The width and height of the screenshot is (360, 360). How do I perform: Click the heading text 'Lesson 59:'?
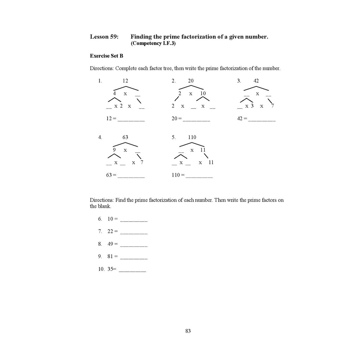[x=104, y=37]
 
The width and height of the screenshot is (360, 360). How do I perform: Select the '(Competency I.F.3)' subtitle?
[x=153, y=44]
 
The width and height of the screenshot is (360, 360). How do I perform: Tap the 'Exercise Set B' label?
[x=107, y=56]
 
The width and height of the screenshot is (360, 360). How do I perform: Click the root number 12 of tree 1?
[x=125, y=81]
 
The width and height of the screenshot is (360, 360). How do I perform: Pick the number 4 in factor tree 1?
[x=114, y=94]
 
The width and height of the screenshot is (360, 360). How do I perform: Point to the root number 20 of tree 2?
[x=191, y=81]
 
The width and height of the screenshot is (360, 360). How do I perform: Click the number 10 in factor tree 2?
[x=203, y=94]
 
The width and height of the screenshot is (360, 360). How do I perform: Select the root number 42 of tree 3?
[x=256, y=81]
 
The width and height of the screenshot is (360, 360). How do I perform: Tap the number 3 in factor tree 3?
[x=252, y=106]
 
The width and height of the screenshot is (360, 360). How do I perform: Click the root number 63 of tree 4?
[x=125, y=137]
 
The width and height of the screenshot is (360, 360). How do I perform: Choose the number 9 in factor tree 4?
[x=114, y=150]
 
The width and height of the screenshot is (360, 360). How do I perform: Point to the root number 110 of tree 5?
[x=192, y=137]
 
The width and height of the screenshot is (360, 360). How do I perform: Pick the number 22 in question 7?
[x=110, y=231]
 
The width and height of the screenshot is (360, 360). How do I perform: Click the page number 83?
[x=188, y=331]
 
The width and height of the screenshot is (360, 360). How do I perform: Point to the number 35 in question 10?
[x=110, y=269]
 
